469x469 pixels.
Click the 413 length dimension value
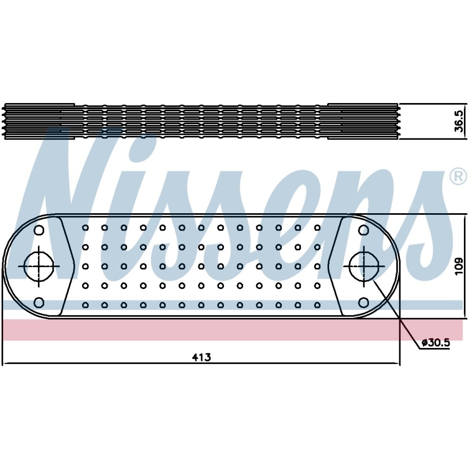click(201, 357)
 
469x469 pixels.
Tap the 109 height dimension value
click(459, 267)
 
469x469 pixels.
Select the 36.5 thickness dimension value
click(459, 121)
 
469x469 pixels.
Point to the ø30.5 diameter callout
click(436, 343)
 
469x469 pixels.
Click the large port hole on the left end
click(38, 266)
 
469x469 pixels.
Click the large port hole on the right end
click(363, 266)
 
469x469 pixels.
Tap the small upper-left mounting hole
click(39, 230)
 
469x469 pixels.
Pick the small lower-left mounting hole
click(39, 302)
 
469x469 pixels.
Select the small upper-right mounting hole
click(363, 230)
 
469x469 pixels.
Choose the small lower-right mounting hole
click(363, 302)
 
